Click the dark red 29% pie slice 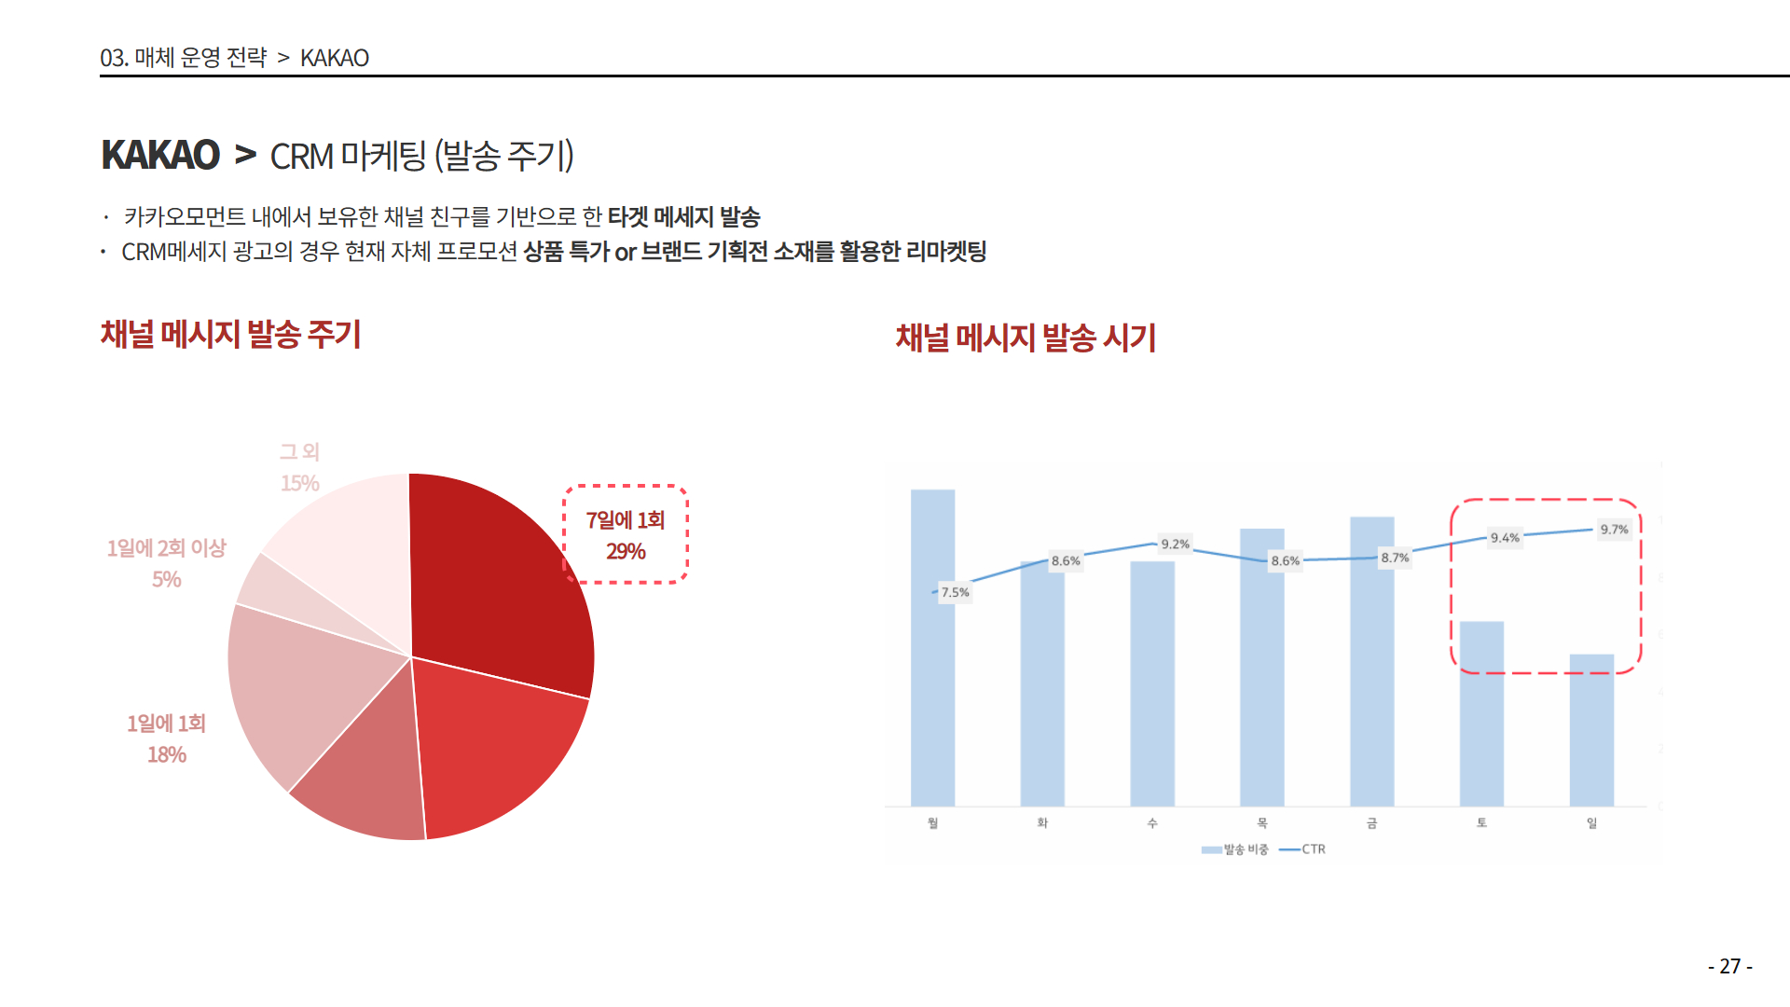(x=494, y=578)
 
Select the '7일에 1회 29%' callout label (x=626, y=535)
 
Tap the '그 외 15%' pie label (x=300, y=467)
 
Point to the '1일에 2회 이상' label (x=167, y=548)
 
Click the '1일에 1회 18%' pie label (x=167, y=738)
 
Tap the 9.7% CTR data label (x=1614, y=530)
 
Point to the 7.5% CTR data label (x=955, y=592)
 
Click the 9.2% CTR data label (x=1175, y=545)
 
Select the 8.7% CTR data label (x=1395, y=558)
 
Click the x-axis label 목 (x=1262, y=823)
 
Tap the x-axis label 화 (x=1042, y=823)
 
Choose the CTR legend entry (x=1304, y=849)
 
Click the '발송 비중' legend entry (x=1236, y=849)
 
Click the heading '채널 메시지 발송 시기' (x=1026, y=338)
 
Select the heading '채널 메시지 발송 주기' (x=230, y=334)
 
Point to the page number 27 (x=1730, y=966)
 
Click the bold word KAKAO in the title (x=160, y=155)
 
